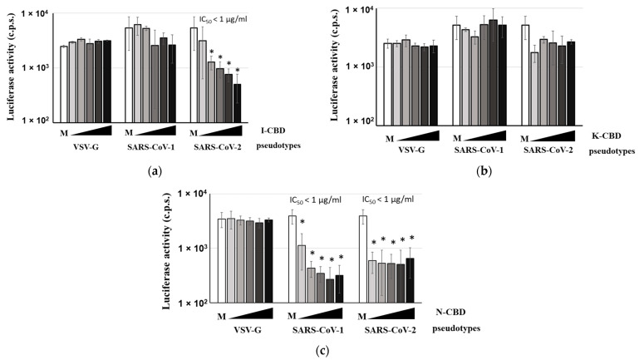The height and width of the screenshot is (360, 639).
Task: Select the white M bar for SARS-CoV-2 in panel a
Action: [x=194, y=74]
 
